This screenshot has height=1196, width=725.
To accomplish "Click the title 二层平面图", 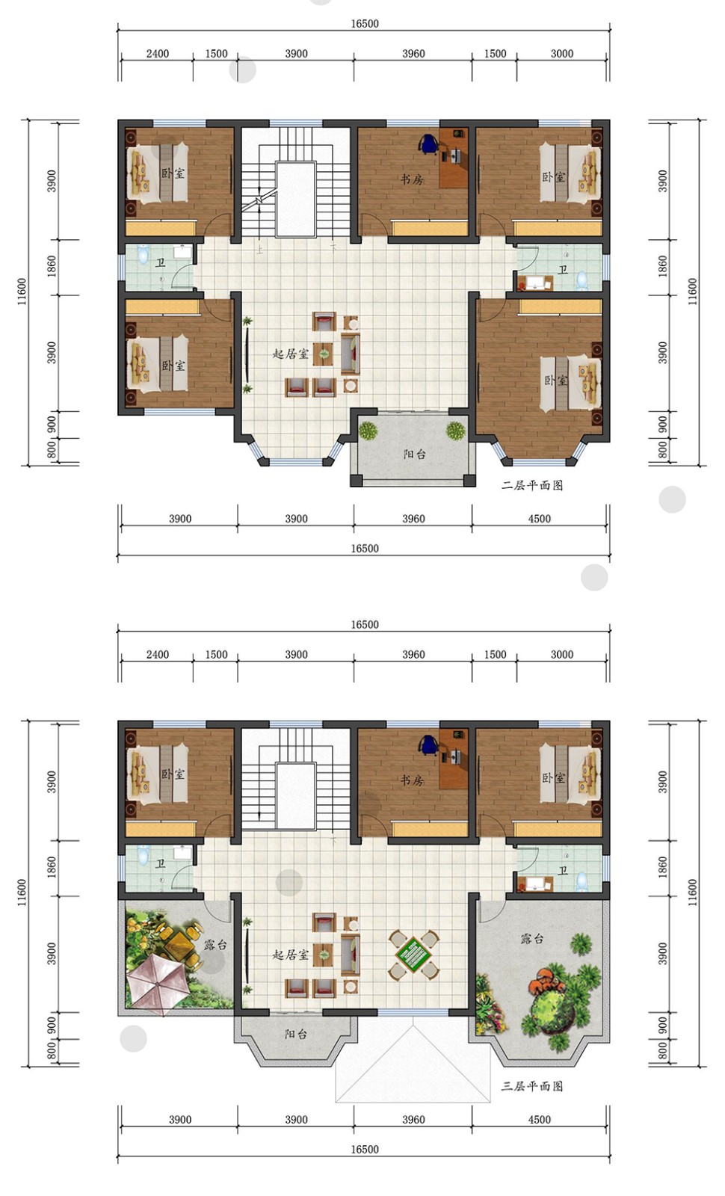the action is (531, 485).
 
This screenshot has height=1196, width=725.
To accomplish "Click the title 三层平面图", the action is (531, 1086).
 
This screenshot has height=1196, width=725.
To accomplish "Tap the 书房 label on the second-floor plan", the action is (412, 179).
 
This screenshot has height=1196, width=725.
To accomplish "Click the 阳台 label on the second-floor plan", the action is (414, 454).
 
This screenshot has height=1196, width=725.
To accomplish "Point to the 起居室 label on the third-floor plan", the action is (291, 955).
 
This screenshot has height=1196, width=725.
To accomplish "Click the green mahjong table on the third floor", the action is (414, 955).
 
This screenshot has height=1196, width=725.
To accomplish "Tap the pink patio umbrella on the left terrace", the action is (154, 980).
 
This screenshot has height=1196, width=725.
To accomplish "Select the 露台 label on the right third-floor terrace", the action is (531, 938).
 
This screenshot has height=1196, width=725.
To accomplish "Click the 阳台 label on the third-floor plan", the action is (295, 1035).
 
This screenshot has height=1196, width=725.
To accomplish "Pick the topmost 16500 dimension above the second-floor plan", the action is (365, 23).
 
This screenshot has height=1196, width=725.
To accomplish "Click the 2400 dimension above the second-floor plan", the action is (158, 53).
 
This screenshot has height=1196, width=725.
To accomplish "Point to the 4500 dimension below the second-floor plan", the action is (539, 519).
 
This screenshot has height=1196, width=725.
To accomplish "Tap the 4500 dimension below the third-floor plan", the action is (539, 1120).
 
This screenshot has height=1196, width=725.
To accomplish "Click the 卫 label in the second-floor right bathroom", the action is (563, 270).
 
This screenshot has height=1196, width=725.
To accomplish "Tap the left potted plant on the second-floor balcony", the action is (368, 431).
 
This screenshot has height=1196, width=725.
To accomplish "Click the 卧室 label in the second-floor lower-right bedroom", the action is (556, 380).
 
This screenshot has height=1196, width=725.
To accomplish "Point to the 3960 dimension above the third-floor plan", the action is (414, 655).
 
